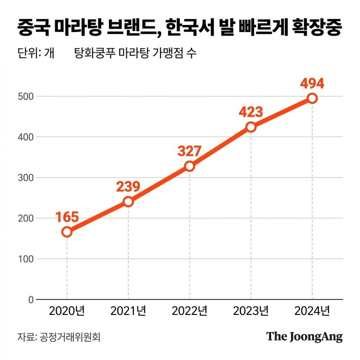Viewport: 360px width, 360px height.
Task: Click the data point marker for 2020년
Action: click(x=67, y=232)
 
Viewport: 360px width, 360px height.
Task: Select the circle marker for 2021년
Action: click(x=129, y=202)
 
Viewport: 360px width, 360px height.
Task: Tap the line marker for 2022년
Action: click(x=190, y=166)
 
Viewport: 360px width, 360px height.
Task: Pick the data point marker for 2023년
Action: click(x=251, y=127)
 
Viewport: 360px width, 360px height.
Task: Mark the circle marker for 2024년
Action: click(x=312, y=98)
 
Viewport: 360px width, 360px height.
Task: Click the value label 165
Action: click(x=67, y=217)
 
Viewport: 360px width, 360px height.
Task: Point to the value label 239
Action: click(x=128, y=186)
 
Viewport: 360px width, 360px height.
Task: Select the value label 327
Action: click(x=189, y=151)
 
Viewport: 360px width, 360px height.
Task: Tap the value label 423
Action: click(x=251, y=112)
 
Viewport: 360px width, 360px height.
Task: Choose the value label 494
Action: click(x=312, y=84)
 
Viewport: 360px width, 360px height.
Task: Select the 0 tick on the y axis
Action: click(x=31, y=300)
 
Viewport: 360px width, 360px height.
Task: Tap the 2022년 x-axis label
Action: click(x=190, y=311)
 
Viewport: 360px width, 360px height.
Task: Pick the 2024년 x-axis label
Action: click(x=312, y=311)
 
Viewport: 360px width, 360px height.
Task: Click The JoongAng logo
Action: click(x=305, y=337)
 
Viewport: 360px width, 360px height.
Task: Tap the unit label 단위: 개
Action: click(x=36, y=54)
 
